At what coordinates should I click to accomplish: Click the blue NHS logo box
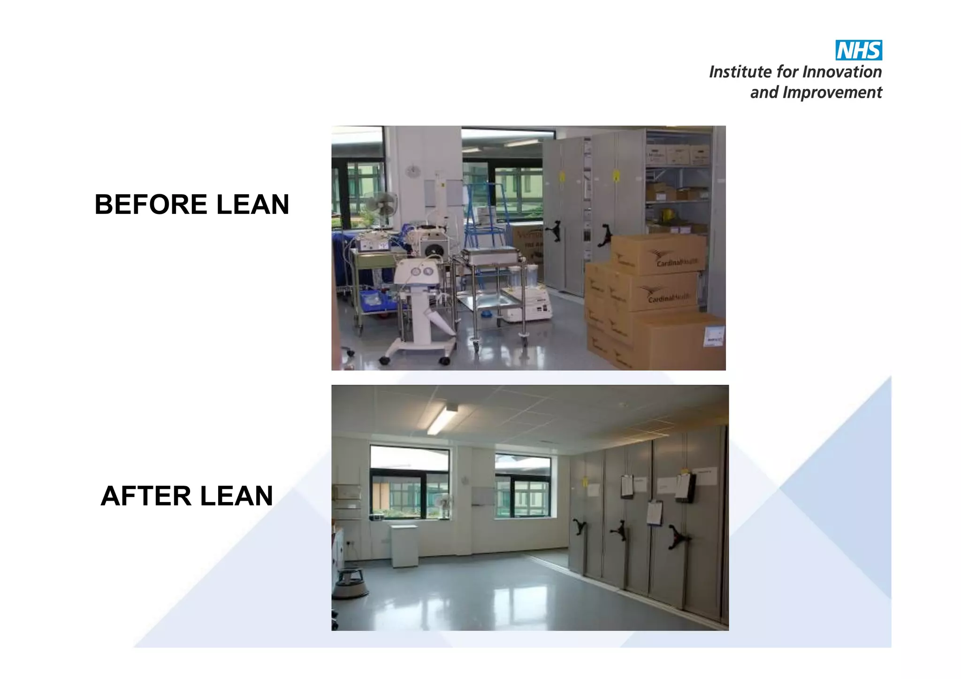point(858,50)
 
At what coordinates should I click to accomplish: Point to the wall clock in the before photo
point(413,172)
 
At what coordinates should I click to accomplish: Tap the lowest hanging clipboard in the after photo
point(654,513)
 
